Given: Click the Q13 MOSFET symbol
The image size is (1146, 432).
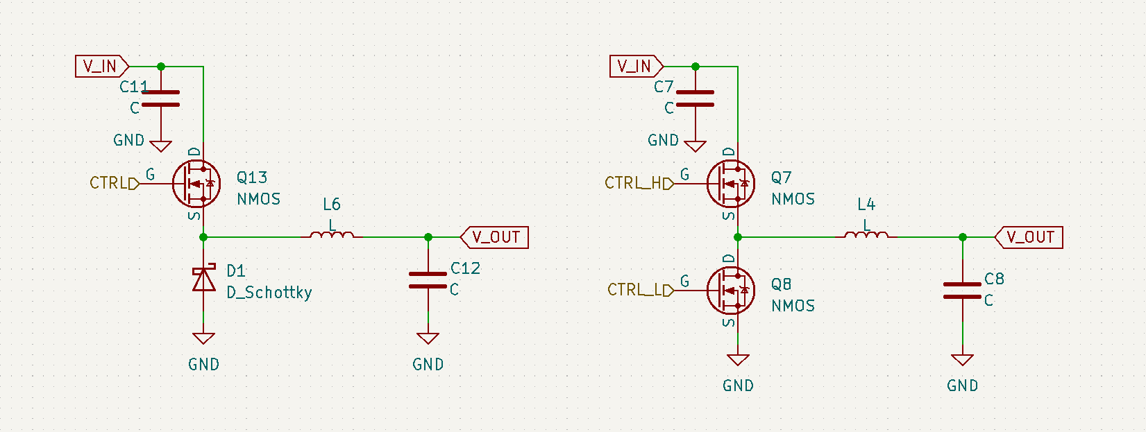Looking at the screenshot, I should click(x=196, y=184).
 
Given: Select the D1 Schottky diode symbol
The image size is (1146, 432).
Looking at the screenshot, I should click(x=203, y=280).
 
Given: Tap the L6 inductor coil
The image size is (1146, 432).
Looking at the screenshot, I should click(x=332, y=236).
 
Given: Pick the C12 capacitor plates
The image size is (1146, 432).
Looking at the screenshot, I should click(x=428, y=279).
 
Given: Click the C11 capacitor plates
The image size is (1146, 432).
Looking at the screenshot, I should click(x=161, y=98).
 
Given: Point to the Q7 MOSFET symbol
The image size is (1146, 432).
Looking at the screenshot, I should click(x=731, y=184).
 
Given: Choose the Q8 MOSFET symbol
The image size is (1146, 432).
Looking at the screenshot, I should click(x=731, y=291).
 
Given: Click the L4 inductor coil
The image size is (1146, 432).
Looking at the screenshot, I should click(x=866, y=236).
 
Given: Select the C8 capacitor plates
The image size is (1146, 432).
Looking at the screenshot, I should click(x=963, y=291).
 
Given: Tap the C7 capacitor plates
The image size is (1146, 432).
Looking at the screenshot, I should click(x=696, y=98).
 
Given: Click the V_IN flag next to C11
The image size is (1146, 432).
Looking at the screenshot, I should click(x=101, y=67).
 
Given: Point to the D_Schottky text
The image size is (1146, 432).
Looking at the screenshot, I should click(x=269, y=293).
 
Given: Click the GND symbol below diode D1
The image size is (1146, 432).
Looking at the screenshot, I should click(x=203, y=339).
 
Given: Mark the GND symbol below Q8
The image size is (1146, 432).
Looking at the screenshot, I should click(x=738, y=361).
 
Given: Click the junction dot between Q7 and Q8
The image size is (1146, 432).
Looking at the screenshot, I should click(x=738, y=237).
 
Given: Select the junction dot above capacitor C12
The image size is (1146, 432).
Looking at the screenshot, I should click(x=428, y=237).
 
